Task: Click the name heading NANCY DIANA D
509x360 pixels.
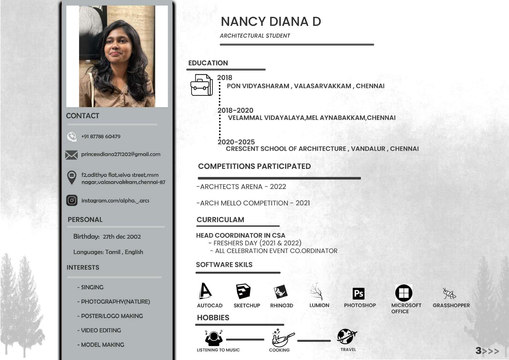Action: click(271, 21)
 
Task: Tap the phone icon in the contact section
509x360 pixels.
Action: click(72, 136)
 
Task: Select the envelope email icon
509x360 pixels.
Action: click(71, 155)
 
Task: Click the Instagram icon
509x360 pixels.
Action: click(72, 200)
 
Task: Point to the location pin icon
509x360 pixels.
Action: click(72, 177)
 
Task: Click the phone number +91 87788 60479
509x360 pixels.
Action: click(101, 136)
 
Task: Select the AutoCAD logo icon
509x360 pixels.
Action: click(205, 291)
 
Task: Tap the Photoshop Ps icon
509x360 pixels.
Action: click(358, 294)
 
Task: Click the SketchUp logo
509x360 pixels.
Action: click(243, 291)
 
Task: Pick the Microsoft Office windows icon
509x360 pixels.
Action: click(404, 293)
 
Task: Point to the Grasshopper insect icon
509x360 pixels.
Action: click(449, 293)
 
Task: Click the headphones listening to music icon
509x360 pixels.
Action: click(214, 338)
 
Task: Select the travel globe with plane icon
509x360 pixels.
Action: click(346, 336)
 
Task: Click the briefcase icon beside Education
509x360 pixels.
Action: click(201, 85)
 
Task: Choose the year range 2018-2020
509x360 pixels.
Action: click(235, 110)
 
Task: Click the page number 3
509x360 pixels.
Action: click(478, 351)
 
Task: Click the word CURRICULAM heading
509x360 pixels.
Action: click(220, 220)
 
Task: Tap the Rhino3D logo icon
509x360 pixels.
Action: click(280, 292)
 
